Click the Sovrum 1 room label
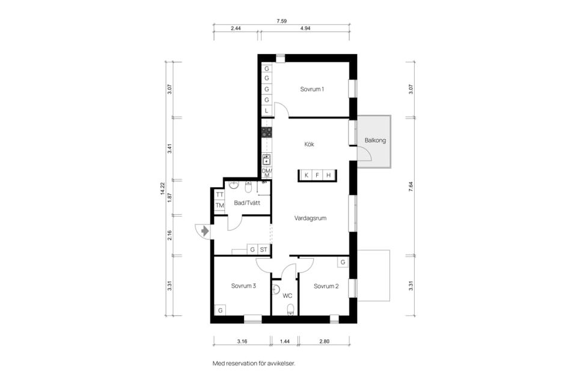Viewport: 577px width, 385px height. click(312, 89)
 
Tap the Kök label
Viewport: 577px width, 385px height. click(309, 144)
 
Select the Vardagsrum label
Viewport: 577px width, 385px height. click(310, 218)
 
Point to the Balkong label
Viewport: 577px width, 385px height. click(375, 140)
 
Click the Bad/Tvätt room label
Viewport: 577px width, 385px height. click(247, 203)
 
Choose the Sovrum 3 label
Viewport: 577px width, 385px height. click(243, 286)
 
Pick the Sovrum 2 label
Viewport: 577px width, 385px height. click(326, 286)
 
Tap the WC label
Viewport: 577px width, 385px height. click(287, 296)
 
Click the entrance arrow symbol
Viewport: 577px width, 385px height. click(205, 231)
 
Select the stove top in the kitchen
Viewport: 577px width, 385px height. click(267, 132)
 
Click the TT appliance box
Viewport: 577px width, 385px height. click(220, 194)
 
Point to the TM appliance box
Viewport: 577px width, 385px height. click(220, 206)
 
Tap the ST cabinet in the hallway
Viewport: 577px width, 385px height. click(263, 250)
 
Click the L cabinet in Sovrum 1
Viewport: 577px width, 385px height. click(267, 111)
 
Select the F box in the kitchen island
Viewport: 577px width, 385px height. click(317, 176)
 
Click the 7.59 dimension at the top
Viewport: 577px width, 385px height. click(281, 21)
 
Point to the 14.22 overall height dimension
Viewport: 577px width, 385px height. click(162, 189)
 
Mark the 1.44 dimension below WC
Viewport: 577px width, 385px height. click(284, 342)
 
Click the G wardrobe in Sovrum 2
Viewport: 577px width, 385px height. click(343, 262)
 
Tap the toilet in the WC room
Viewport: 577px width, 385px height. click(291, 309)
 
